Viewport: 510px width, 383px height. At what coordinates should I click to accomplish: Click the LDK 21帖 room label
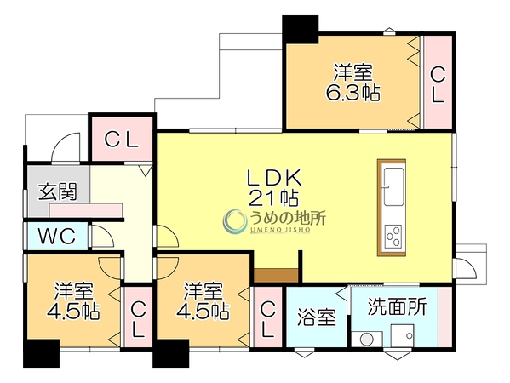(x=274, y=188)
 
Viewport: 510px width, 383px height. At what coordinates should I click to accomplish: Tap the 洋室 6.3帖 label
(x=353, y=83)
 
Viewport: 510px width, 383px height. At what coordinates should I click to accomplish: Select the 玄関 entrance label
(x=58, y=191)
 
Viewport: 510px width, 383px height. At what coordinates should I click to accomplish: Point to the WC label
(x=57, y=236)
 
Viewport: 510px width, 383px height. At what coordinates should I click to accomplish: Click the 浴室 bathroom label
(x=317, y=317)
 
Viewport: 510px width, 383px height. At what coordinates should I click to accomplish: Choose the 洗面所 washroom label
(x=397, y=306)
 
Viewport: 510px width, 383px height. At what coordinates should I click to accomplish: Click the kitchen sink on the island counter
(x=394, y=186)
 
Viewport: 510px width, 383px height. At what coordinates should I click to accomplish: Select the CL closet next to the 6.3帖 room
(x=438, y=82)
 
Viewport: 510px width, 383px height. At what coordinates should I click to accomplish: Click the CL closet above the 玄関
(x=122, y=139)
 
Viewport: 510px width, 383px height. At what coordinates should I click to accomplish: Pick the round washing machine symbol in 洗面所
(x=367, y=339)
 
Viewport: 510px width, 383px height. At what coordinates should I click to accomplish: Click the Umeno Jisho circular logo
(x=234, y=221)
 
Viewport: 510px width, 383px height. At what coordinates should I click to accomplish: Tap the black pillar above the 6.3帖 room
(x=300, y=29)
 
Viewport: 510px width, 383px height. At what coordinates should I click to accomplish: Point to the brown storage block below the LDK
(x=276, y=276)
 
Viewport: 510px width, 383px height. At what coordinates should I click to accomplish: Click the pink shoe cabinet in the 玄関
(x=86, y=210)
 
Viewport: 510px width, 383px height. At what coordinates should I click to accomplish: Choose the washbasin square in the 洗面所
(x=403, y=335)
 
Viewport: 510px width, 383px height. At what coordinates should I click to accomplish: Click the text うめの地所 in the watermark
(x=288, y=218)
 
